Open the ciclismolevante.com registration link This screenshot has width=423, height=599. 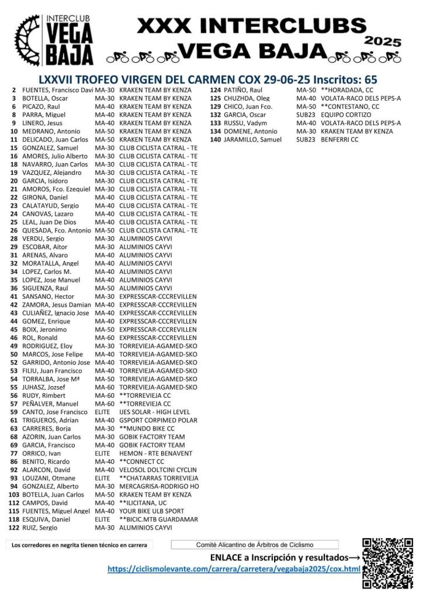[234, 569]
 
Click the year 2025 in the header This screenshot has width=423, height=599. [383, 42]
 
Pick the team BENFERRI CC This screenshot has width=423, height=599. [339, 140]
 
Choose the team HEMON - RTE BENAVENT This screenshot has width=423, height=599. [155, 453]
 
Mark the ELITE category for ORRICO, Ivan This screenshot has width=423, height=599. [102, 453]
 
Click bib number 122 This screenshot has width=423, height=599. [14, 528]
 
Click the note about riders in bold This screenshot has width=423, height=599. [79, 545]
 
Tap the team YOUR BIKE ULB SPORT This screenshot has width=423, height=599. [151, 511]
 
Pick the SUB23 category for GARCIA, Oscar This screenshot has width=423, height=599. [306, 115]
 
